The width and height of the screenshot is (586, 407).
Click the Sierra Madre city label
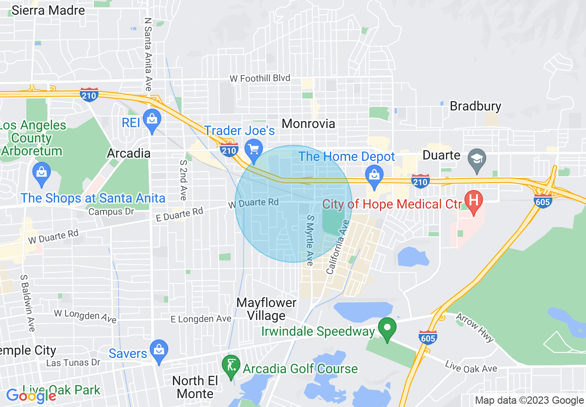[48, 10]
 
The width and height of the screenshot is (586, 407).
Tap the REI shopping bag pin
[152, 119]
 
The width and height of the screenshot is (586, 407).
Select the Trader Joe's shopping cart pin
[253, 149]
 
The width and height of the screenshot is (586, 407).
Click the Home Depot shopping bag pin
[374, 174]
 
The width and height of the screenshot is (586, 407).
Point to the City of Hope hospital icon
[474, 201]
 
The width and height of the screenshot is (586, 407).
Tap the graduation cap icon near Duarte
[476, 157]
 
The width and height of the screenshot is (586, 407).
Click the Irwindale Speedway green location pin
[387, 328]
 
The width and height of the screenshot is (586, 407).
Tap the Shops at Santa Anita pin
[42, 173]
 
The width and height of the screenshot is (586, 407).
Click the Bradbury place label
[475, 106]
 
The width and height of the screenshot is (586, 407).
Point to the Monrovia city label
[308, 123]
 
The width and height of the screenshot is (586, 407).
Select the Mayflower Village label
[267, 309]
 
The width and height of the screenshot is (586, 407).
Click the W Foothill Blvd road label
[260, 78]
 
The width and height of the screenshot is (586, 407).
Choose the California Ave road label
[338, 247]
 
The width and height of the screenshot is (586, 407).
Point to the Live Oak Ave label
[471, 367]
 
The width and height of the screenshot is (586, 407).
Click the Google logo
[31, 396]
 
